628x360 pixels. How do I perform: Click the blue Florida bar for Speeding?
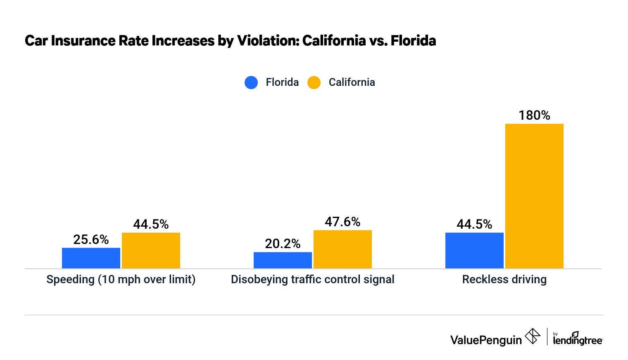tap(91, 258)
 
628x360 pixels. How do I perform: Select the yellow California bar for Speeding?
tap(151, 251)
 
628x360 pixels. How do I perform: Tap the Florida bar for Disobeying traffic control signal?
tap(283, 260)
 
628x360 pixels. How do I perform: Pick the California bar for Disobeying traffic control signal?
tap(343, 249)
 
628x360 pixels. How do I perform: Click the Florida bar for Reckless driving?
tap(474, 251)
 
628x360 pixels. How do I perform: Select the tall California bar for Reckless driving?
tap(534, 196)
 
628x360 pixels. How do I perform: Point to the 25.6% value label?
tap(91, 239)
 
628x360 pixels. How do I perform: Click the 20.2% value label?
tap(283, 244)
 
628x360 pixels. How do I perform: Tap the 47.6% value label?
tap(343, 222)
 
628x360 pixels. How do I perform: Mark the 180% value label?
tap(534, 115)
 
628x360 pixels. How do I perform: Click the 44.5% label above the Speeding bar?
tap(151, 224)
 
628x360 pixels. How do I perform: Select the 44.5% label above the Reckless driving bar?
tap(474, 224)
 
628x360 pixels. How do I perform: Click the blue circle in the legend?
tap(251, 83)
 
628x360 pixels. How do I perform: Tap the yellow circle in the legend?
tap(314, 83)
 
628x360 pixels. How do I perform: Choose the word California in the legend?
tap(352, 82)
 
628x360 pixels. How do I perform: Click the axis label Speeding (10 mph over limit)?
tap(121, 279)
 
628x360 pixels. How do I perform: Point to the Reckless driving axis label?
tap(504, 279)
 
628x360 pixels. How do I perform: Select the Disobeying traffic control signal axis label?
tap(312, 279)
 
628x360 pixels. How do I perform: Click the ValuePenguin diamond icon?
tap(532, 336)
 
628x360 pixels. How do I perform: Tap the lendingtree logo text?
tap(578, 340)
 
